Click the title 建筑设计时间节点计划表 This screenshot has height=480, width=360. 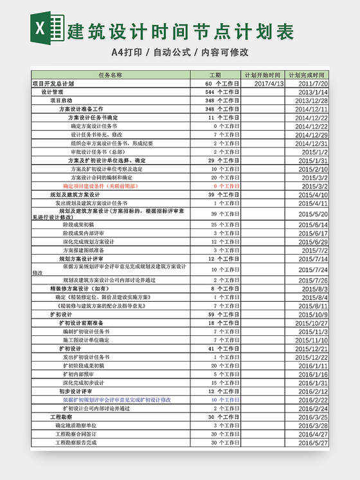(181, 30)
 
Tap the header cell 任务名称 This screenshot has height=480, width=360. (110, 75)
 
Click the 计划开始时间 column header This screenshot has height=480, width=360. (262, 75)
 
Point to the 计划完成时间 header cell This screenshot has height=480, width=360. (307, 75)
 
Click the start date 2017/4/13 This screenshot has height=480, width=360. (269, 84)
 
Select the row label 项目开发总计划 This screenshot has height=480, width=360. (53, 84)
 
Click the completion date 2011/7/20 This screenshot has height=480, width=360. (313, 84)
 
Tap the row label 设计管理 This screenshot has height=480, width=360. (53, 92)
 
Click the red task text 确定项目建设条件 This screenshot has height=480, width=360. (100, 186)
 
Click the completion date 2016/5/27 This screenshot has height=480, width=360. (312, 443)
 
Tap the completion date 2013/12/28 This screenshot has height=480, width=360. (312, 101)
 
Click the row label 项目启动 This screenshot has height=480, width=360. (62, 101)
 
